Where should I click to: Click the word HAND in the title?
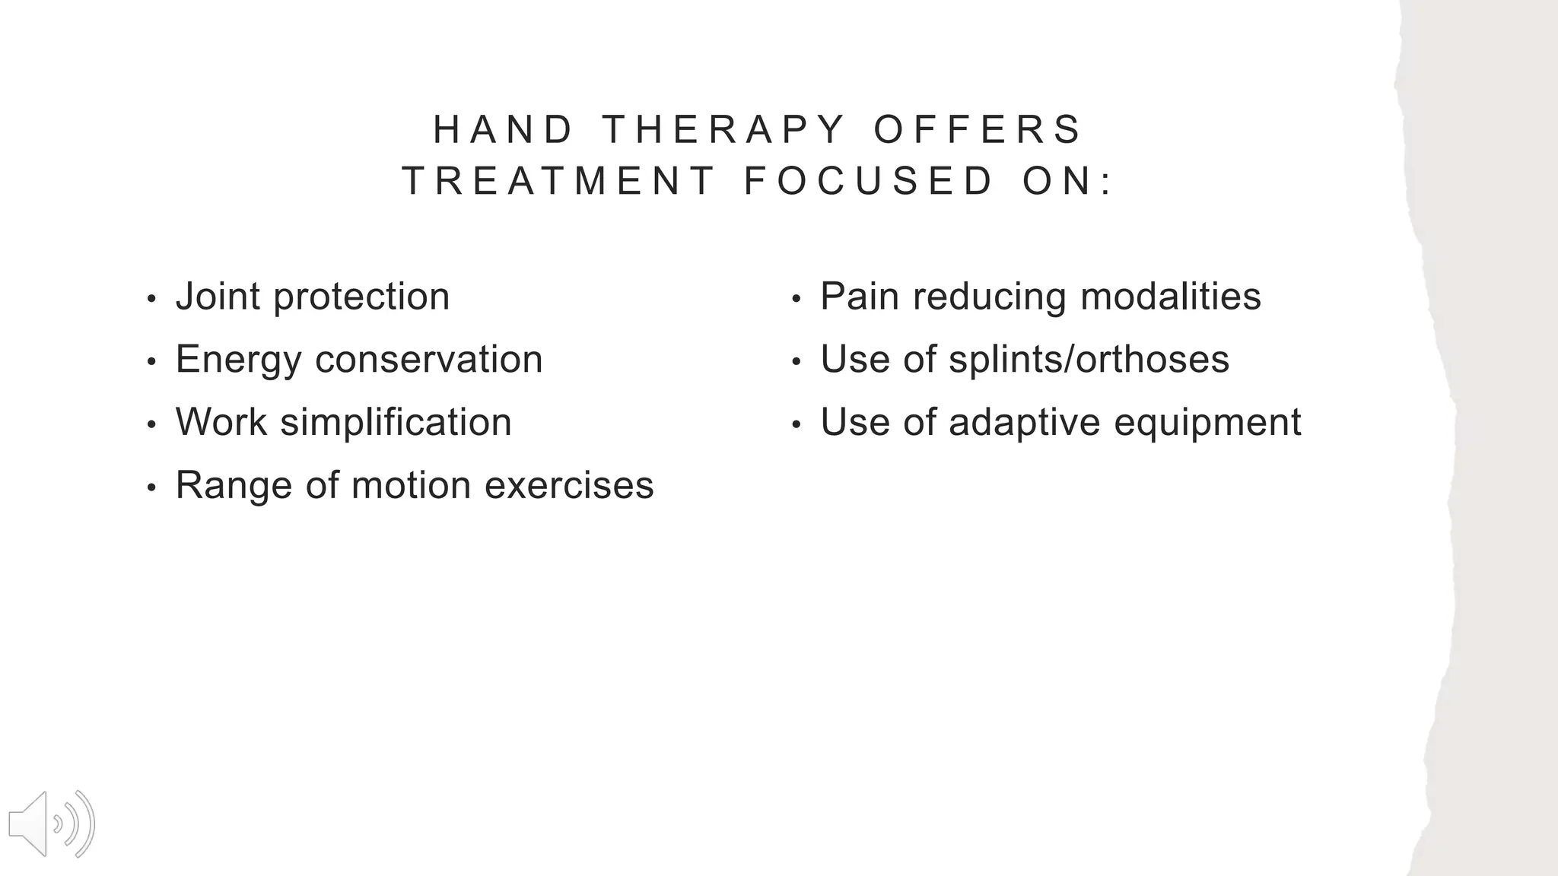tap(503, 129)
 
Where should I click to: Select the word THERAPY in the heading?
tap(723, 129)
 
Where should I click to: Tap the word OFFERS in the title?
tap(978, 129)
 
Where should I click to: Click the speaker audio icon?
tap(51, 824)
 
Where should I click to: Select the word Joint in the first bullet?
tap(218, 296)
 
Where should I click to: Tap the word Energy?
tap(238, 360)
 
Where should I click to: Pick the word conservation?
tap(429, 359)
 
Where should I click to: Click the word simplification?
tap(396, 422)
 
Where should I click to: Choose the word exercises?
tap(569, 485)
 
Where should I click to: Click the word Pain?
tap(859, 296)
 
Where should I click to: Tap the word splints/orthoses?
tap(1089, 359)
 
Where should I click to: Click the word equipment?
tap(1207, 424)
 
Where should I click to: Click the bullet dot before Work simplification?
tap(151, 424)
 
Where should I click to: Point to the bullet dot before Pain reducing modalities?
tap(796, 298)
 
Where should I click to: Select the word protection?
tap(361, 297)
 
